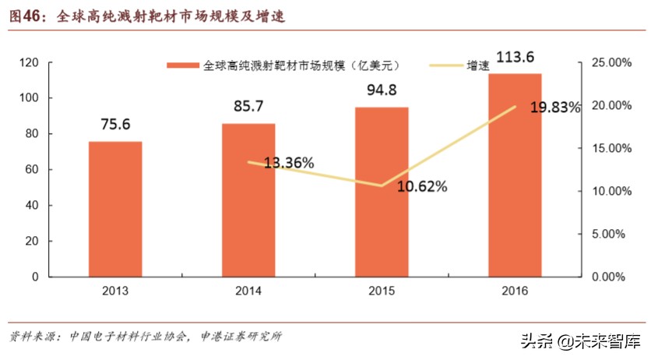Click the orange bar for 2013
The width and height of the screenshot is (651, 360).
115,209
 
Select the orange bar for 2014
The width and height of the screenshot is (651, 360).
248,199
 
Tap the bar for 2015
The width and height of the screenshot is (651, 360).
382,192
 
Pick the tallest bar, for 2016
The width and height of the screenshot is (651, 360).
515,175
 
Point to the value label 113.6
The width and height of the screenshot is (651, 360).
516,56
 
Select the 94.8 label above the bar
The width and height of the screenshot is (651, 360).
382,91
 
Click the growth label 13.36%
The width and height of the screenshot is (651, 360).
288,163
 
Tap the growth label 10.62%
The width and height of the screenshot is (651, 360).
421,186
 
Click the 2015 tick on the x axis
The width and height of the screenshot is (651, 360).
382,291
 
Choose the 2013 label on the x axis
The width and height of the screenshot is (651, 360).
115,291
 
